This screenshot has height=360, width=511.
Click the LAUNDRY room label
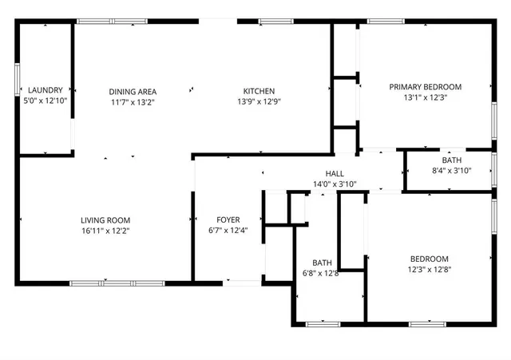click(45, 90)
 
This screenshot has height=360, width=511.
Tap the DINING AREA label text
click(133, 91)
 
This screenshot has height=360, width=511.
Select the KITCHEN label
click(259, 91)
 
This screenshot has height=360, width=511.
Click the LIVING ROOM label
click(105, 220)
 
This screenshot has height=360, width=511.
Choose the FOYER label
click(228, 220)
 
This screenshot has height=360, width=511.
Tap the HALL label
click(335, 173)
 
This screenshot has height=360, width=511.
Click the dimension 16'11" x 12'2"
click(105, 231)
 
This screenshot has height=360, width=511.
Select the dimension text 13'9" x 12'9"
click(259, 101)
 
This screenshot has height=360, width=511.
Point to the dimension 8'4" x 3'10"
click(452, 170)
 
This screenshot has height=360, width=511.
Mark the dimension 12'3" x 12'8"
click(430, 269)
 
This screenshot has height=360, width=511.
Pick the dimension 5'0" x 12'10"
click(45, 101)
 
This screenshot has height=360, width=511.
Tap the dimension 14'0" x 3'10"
click(335, 184)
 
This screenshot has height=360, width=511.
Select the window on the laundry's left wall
click(18, 80)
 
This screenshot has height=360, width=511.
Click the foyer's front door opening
click(241, 282)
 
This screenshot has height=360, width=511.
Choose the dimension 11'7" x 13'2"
click(133, 101)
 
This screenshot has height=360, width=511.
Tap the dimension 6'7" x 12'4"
click(228, 231)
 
